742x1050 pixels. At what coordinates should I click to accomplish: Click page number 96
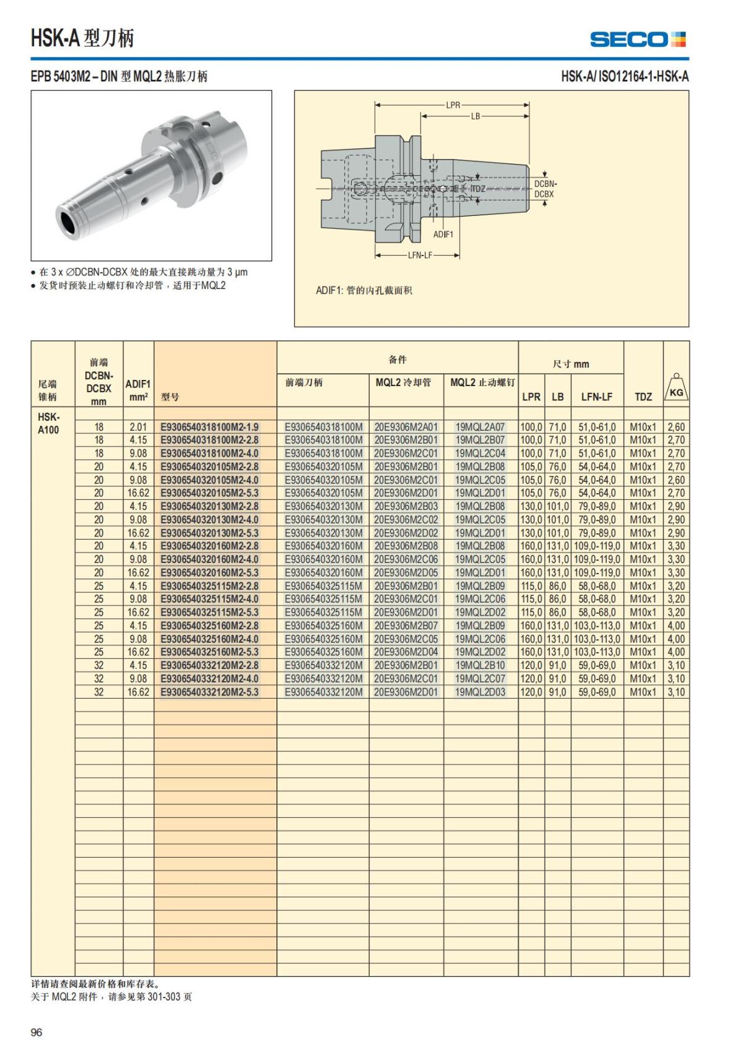(36, 1032)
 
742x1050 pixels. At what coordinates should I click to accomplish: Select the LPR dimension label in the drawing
(453, 105)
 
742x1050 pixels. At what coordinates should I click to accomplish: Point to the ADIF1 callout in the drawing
(443, 235)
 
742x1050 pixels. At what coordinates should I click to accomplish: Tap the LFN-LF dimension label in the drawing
(420, 255)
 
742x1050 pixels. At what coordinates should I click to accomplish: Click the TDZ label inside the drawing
(478, 189)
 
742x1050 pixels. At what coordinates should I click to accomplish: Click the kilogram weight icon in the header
(676, 387)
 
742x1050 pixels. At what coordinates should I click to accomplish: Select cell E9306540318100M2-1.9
(210, 427)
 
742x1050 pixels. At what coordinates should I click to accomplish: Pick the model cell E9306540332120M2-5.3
(210, 692)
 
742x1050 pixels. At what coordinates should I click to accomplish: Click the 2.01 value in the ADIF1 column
(138, 427)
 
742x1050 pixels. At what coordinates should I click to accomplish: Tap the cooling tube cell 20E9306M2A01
(406, 427)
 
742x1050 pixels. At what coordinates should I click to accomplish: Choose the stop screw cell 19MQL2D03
(480, 692)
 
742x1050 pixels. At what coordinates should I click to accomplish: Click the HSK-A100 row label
(48, 423)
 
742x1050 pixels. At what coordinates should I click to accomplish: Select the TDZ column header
(643, 397)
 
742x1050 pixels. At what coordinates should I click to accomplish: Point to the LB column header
(558, 397)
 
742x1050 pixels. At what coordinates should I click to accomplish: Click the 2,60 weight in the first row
(676, 427)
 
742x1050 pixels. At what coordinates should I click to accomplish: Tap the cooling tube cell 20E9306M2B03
(406, 506)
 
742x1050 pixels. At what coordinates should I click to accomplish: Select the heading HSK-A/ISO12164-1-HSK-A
(625, 77)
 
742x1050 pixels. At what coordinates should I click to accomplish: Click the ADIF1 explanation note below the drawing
(364, 290)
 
